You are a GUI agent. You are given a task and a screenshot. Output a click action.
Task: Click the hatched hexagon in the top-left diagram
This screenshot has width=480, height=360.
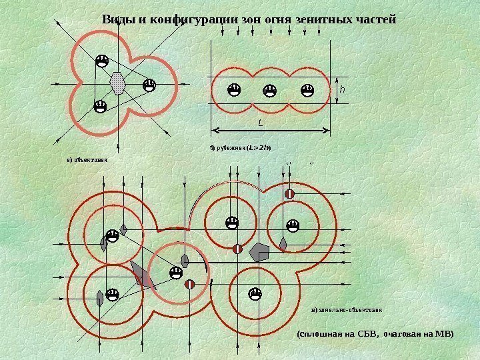[118, 83]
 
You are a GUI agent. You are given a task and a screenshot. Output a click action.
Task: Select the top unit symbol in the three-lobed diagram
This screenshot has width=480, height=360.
[102, 61]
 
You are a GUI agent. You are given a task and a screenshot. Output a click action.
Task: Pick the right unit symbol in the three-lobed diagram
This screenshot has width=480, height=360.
[149, 85]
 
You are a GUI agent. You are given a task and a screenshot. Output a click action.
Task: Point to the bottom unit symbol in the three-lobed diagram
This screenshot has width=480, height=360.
[101, 106]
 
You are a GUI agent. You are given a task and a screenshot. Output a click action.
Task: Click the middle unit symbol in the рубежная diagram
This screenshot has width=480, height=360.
[269, 89]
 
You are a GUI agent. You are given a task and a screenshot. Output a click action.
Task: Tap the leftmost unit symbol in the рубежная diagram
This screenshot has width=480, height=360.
[234, 89]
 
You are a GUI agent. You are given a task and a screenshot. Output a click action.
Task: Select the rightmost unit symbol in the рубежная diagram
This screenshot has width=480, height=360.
[307, 89]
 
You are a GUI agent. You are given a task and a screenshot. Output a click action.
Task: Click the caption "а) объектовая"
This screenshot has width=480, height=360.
[87, 160]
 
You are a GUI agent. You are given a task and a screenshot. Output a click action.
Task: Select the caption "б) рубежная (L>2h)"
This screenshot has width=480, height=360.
[241, 147]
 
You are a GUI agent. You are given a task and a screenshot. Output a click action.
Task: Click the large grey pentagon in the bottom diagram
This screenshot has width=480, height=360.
[259, 251]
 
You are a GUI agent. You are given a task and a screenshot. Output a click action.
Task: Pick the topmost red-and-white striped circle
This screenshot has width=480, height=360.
[290, 193]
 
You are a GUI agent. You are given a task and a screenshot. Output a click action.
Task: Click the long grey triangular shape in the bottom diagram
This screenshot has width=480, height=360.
[143, 275]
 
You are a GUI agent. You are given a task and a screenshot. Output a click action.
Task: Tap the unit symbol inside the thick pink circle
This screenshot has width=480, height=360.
[176, 272]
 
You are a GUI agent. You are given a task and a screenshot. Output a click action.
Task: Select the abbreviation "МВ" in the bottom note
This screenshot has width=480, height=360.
[440, 333]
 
